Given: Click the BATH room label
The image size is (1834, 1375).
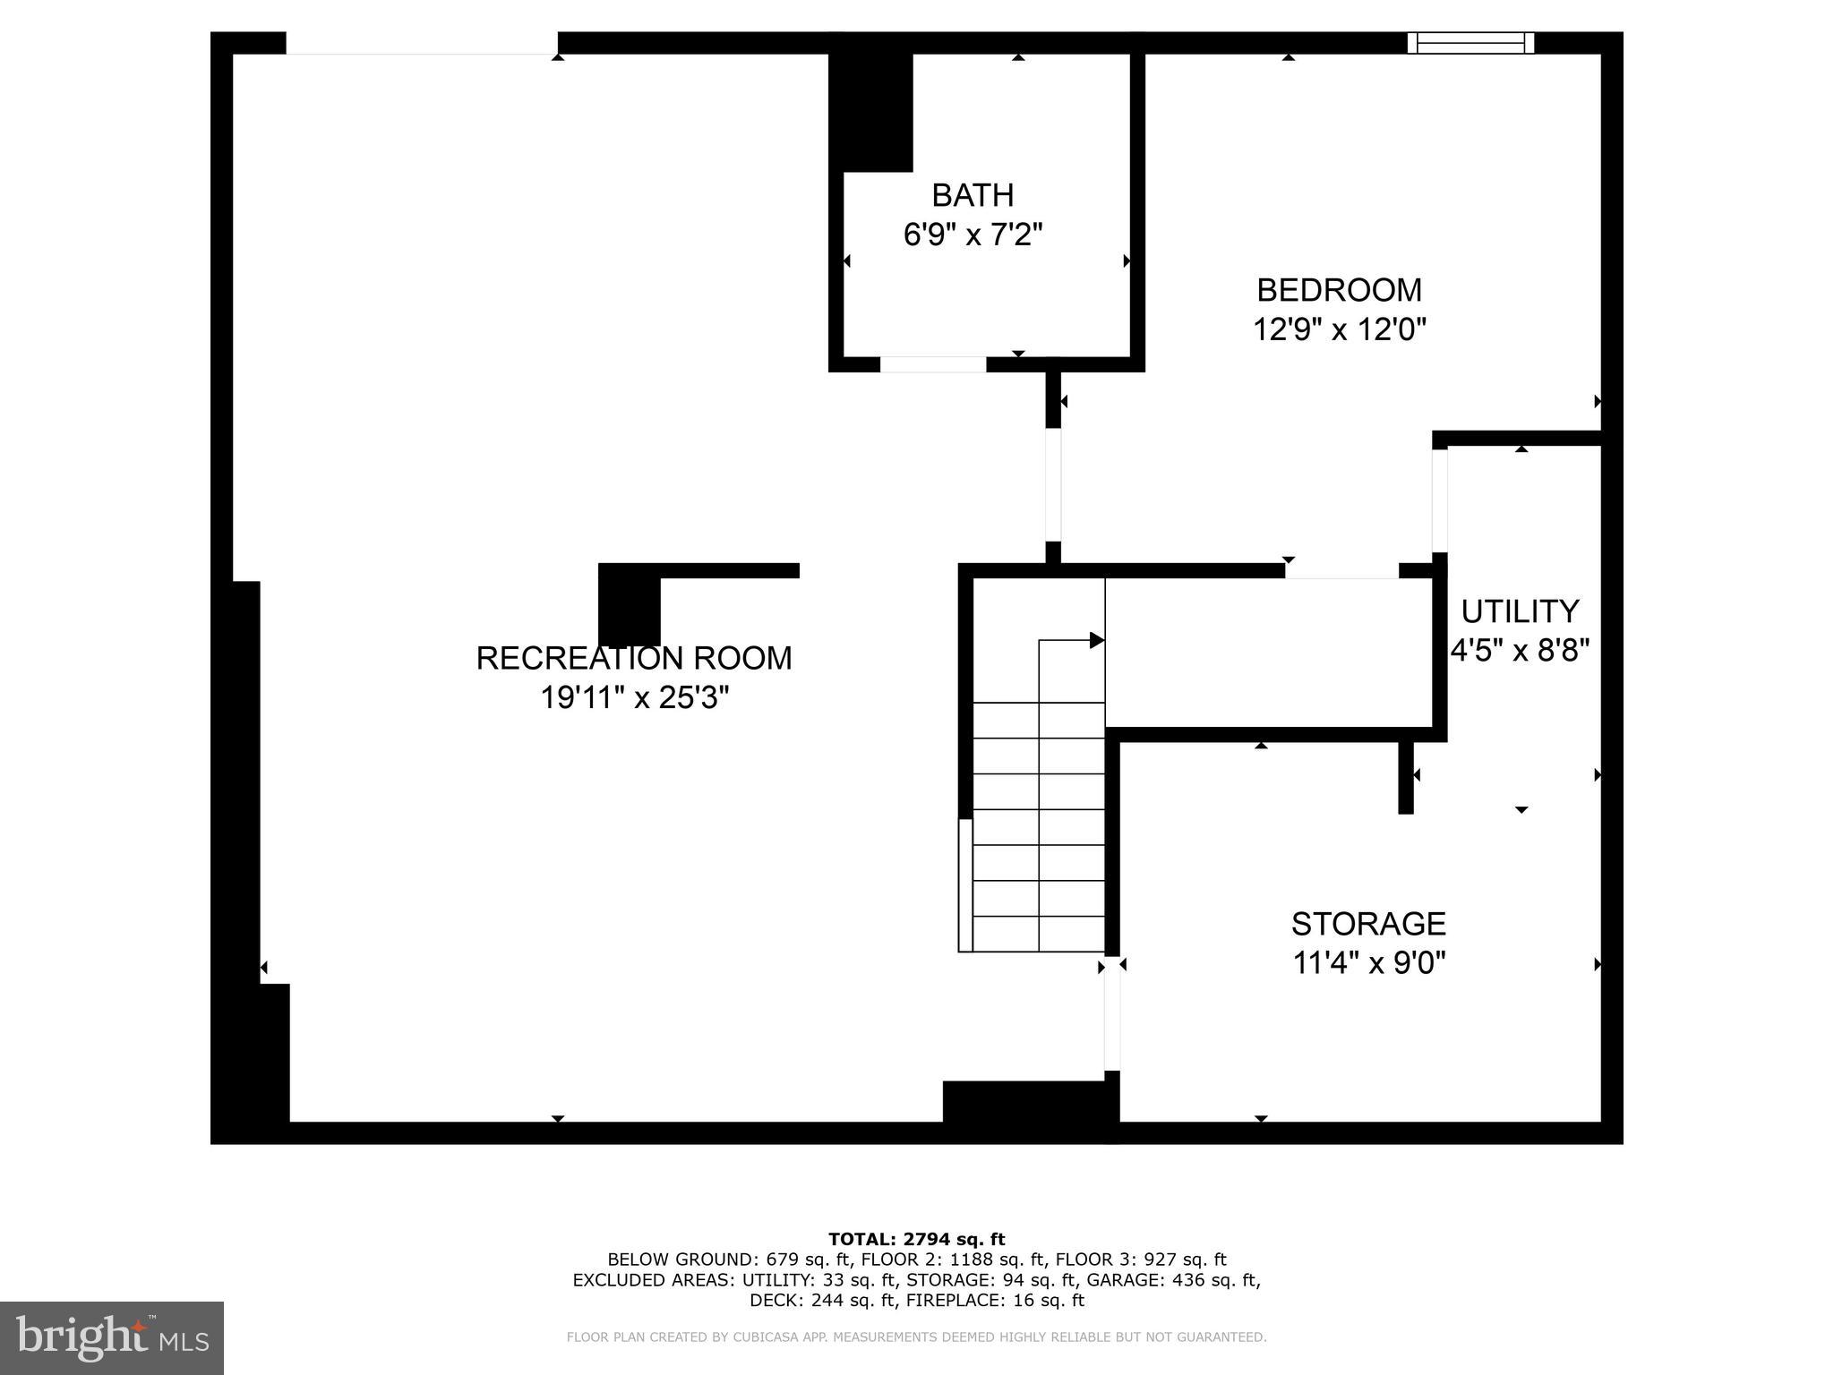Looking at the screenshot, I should coord(973,195).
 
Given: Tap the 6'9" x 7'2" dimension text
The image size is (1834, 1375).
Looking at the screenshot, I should coord(973,235).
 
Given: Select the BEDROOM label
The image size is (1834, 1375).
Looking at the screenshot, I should coord(1339,290).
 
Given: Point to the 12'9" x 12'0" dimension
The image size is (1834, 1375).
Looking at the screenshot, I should coord(1339,329).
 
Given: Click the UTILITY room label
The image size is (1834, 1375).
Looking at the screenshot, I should coord(1520,611).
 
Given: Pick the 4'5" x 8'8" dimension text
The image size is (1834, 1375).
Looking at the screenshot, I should coord(1520,651).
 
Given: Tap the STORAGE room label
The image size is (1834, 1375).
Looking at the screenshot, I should coord(1368,923).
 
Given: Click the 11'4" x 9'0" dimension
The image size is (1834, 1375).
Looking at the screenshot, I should coord(1368,963).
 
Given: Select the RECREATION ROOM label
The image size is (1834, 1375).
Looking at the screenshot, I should coord(634,658).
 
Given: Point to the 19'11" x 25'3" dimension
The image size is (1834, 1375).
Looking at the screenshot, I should coord(634,697).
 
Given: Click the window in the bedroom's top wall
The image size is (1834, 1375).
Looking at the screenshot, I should coord(1470,43).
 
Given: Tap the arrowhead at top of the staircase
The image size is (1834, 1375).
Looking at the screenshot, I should coord(1096,640).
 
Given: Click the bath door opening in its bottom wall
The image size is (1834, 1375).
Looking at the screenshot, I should coord(933,364).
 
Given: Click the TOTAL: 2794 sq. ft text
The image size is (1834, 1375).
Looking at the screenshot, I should coord(916,1239).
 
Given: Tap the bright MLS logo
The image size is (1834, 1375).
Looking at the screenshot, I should coord(112,1338).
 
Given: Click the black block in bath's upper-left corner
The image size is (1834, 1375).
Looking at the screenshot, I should coord(870,112).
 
